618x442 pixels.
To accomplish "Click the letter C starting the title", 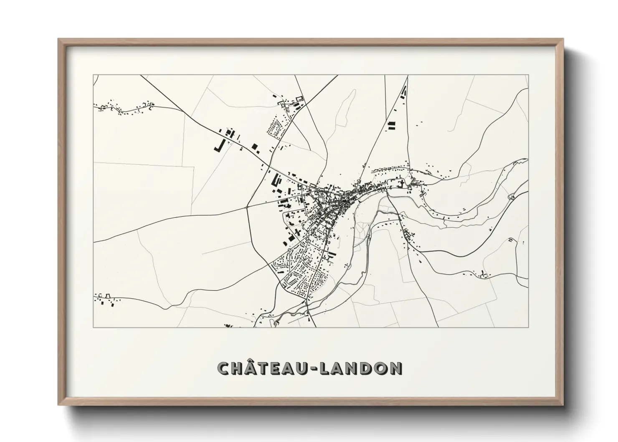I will tap(225, 368).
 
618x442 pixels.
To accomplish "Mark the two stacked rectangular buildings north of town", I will tap(391, 126).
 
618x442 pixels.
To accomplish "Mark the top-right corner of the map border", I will tap(528, 75).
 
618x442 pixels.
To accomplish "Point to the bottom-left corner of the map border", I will tap(93, 327).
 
